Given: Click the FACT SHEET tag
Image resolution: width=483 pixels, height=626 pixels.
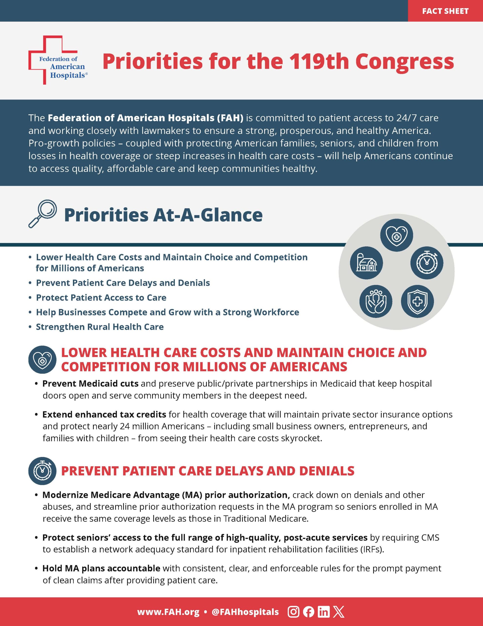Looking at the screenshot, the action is [x=445, y=11].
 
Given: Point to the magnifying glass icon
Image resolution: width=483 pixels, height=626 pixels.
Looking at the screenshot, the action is [x=43, y=213].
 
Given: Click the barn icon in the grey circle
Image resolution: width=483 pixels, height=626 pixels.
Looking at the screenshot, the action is [x=367, y=263].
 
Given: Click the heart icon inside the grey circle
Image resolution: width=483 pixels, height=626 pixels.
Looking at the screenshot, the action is [x=397, y=235].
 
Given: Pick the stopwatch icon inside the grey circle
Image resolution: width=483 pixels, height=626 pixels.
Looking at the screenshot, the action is [x=427, y=263].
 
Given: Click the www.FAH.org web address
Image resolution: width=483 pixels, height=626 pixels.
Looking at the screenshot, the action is [x=168, y=612].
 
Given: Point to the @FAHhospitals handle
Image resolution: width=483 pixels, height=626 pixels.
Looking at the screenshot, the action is [x=245, y=612].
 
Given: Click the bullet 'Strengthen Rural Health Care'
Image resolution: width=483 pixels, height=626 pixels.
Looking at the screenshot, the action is [x=100, y=327].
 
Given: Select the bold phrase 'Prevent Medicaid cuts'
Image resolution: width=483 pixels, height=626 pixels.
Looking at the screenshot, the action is [x=90, y=383].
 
